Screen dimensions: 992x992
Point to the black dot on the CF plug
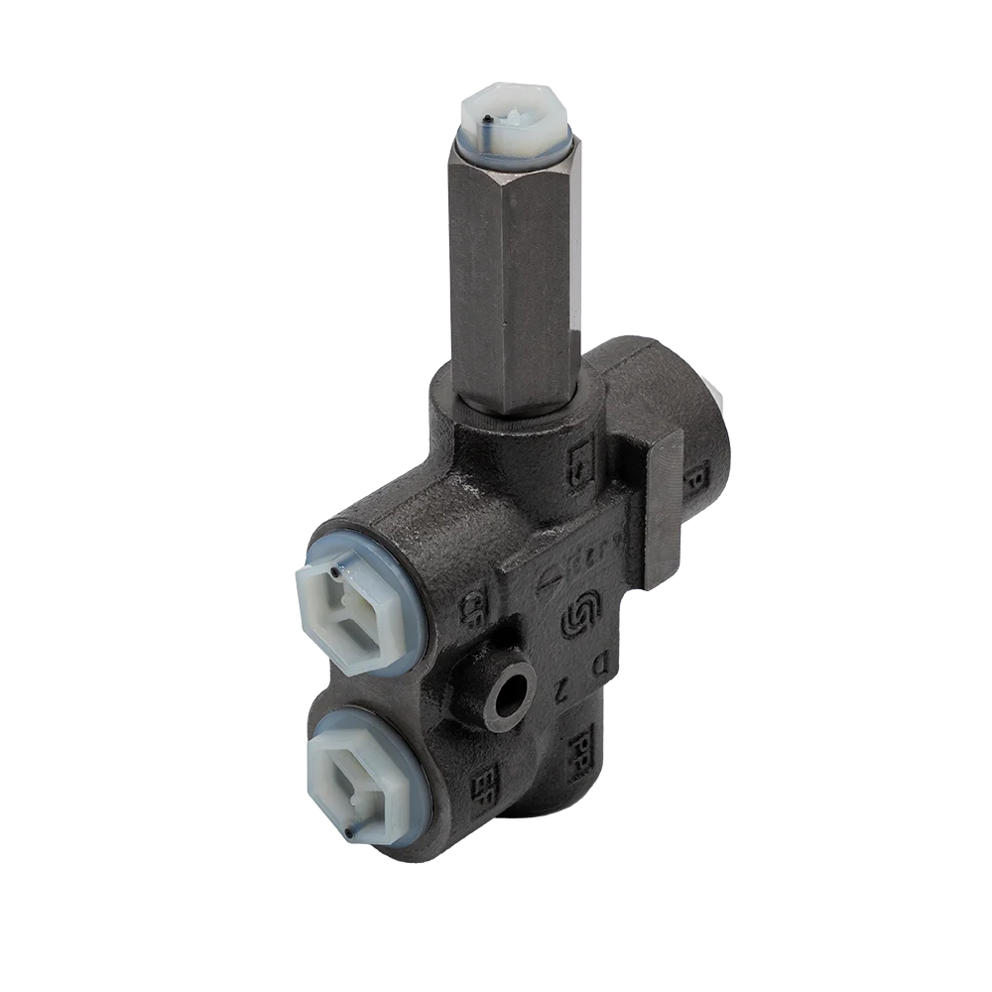tap(336, 572)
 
